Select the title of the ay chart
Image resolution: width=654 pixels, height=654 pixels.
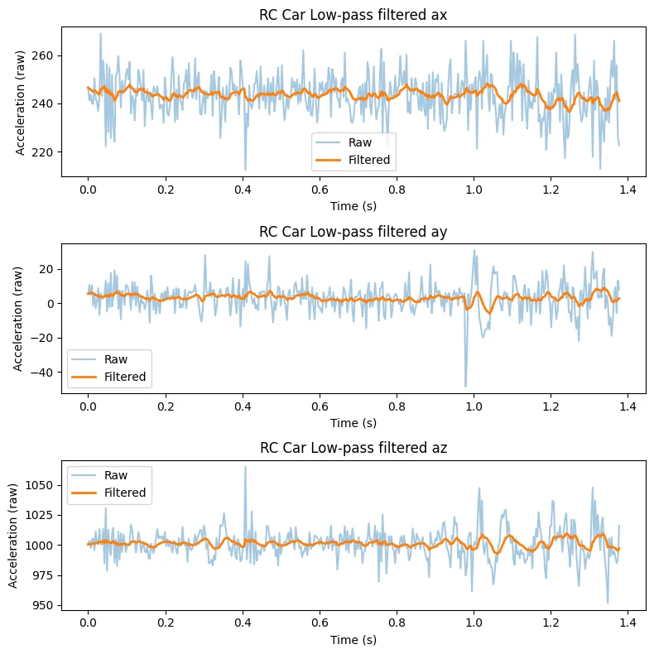(x=353, y=231)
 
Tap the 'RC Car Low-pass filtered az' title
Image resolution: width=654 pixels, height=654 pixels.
(x=353, y=449)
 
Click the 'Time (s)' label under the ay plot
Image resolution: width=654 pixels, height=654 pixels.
(x=353, y=422)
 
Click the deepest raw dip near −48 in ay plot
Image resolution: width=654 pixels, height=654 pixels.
(x=465, y=386)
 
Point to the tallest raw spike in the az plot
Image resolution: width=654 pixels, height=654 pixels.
(x=245, y=467)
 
